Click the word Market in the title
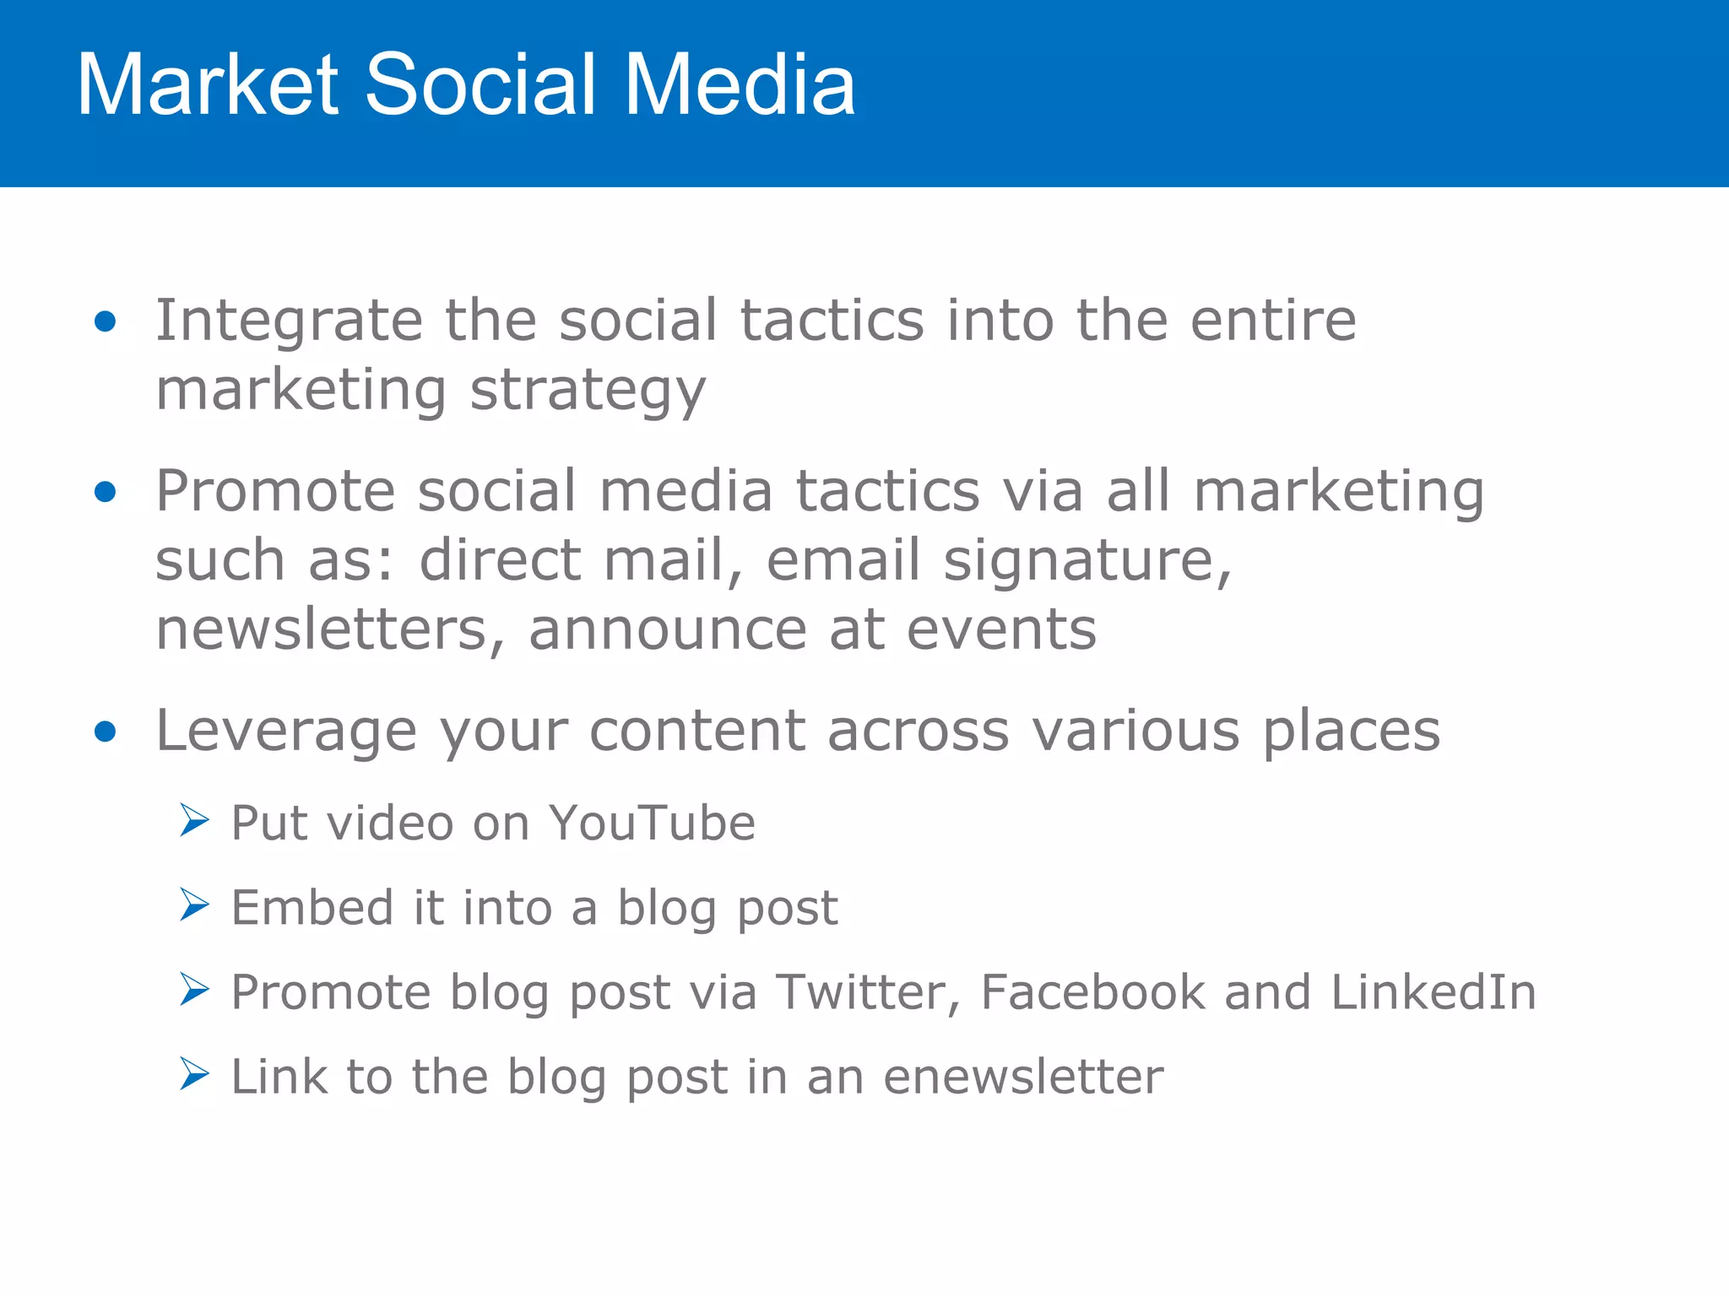click(208, 84)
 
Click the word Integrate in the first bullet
click(289, 321)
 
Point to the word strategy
click(588, 392)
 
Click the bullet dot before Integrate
click(106, 321)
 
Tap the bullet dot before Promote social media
click(106, 491)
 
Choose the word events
click(1001, 631)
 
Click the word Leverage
click(286, 731)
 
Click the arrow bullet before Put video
click(194, 820)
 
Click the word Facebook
click(1092, 992)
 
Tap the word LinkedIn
click(1434, 992)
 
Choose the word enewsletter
click(1023, 1077)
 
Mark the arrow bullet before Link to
click(194, 1074)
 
